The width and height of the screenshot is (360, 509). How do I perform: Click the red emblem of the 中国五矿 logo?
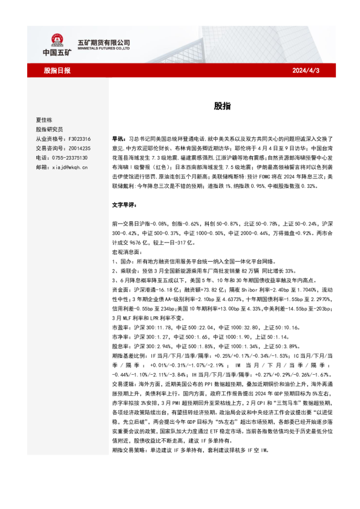(57, 41)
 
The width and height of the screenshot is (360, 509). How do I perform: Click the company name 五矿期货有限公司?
(104, 42)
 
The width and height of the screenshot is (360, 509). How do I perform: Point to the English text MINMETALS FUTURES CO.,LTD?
(104, 50)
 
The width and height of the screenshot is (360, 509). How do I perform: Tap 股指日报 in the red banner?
(57, 71)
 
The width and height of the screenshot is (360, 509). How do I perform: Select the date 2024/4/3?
(306, 71)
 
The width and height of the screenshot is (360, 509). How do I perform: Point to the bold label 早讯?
(119, 138)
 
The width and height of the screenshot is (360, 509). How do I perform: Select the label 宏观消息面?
(126, 251)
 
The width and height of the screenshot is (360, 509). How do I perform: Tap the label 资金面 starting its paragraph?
(121, 289)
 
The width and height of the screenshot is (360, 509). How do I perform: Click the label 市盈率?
(121, 326)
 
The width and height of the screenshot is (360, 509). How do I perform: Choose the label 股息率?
(121, 345)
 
